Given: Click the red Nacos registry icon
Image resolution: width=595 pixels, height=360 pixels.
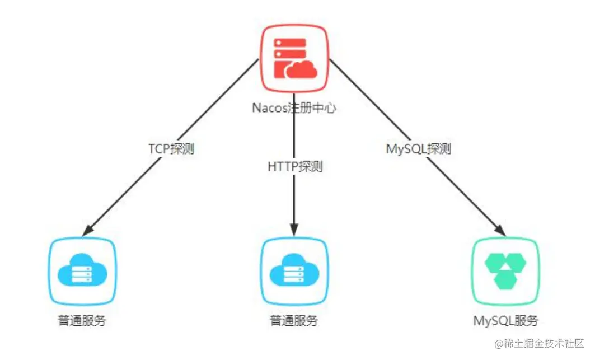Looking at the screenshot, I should click(x=294, y=58).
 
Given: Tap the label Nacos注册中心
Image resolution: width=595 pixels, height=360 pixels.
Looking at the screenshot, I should click(x=294, y=108).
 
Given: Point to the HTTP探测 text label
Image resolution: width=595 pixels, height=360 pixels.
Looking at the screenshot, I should click(x=294, y=167).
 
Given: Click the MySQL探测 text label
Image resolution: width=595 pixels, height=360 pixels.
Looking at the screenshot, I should click(x=419, y=149).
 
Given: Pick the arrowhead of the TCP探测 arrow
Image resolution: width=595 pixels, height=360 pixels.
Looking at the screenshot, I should click(x=87, y=230).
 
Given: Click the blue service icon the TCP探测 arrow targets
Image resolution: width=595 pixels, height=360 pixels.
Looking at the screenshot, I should click(x=82, y=272).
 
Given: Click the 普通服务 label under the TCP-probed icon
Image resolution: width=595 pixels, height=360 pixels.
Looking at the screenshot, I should click(x=82, y=321).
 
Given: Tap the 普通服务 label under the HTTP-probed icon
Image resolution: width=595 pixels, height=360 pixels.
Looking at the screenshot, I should click(x=294, y=321).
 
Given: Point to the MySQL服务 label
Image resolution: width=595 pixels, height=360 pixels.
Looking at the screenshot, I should click(x=505, y=321).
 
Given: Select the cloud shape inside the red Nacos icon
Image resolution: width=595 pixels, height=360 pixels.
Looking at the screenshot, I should click(x=302, y=70).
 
